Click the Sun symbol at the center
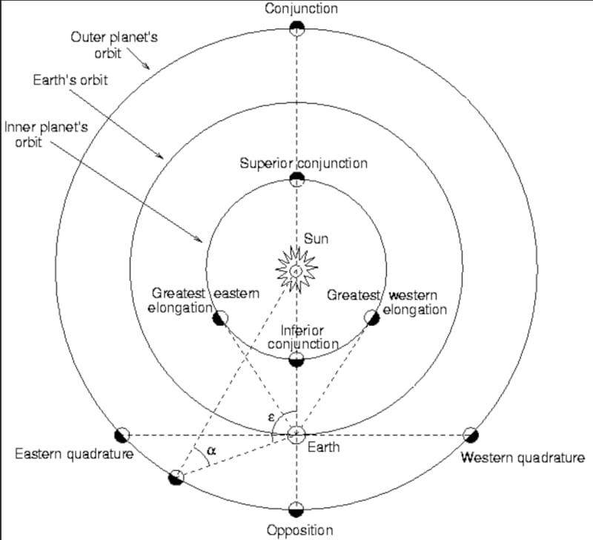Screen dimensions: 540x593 (x=296, y=271)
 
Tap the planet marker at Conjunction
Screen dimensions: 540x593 (x=296, y=29)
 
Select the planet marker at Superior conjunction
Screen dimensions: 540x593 (x=296, y=178)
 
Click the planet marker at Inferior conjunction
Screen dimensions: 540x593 (x=296, y=360)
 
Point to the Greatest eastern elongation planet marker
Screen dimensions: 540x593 (x=220, y=318)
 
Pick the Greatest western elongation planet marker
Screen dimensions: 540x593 (x=372, y=317)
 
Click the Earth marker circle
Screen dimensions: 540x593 (x=296, y=433)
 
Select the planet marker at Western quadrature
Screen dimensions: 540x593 (x=470, y=435)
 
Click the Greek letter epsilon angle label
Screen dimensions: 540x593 (x=271, y=418)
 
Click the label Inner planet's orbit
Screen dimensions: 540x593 (x=46, y=134)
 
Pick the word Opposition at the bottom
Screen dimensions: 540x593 (x=300, y=530)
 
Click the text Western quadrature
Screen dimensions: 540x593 (x=523, y=457)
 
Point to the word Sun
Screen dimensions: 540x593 (x=316, y=239)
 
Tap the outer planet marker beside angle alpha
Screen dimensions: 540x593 (x=176, y=476)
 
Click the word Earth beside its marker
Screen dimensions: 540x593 (x=324, y=447)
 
